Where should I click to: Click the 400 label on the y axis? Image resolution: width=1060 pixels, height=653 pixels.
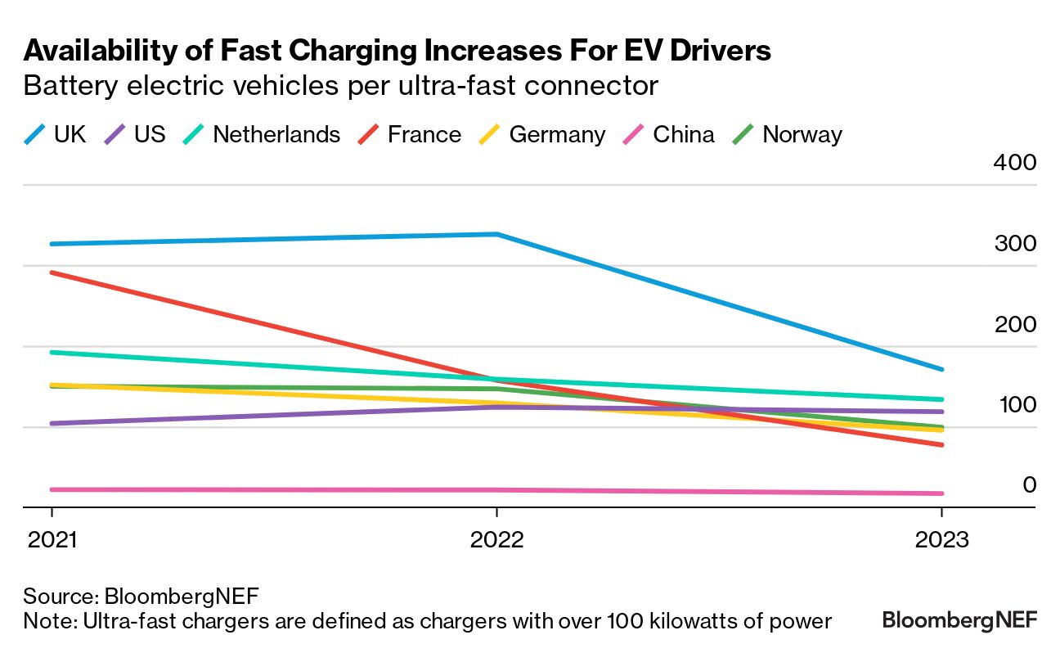[1014, 162]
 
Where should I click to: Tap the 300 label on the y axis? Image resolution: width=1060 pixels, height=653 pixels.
[1014, 243]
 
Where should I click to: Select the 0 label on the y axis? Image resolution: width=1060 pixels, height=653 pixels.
[1029, 484]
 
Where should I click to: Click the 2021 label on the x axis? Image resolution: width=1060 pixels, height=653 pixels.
[52, 540]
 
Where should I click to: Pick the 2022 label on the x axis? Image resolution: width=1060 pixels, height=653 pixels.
[496, 540]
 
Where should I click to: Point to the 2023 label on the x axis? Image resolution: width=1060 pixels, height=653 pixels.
[941, 540]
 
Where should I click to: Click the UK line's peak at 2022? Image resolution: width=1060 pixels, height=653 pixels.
[496, 234]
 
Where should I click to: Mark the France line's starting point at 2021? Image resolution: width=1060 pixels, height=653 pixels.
[52, 272]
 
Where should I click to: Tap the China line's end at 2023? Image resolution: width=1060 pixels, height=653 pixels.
[941, 493]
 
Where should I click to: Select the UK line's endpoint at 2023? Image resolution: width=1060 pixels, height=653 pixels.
[941, 369]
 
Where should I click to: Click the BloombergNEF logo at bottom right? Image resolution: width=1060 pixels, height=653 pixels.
[959, 621]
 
